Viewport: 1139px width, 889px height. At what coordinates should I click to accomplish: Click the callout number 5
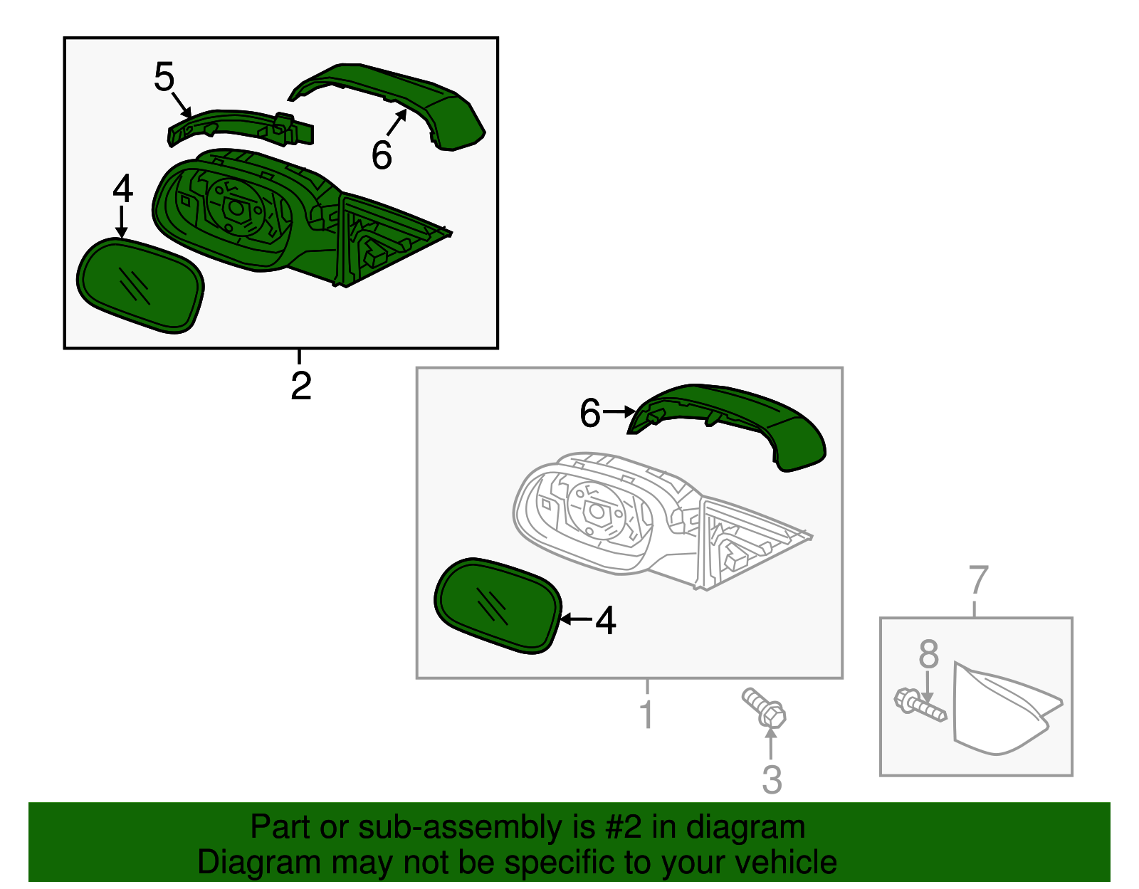164,77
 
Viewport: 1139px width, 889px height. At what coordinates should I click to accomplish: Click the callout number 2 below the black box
301,385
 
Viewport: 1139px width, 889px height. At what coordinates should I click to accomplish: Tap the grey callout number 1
646,714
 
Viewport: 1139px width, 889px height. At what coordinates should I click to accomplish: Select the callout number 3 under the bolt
772,779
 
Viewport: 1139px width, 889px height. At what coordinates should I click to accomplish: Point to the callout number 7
979,580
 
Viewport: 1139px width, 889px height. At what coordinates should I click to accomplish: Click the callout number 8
928,653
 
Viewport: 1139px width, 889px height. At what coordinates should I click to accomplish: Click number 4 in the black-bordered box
122,189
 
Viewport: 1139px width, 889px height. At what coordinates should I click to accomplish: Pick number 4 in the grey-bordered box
605,621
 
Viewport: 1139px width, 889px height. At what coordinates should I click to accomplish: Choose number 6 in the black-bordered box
382,155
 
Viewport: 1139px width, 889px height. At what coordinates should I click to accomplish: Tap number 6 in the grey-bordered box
590,414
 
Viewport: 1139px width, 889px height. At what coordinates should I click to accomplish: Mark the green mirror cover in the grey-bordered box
740,420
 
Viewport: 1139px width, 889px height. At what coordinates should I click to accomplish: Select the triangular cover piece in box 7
997,712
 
